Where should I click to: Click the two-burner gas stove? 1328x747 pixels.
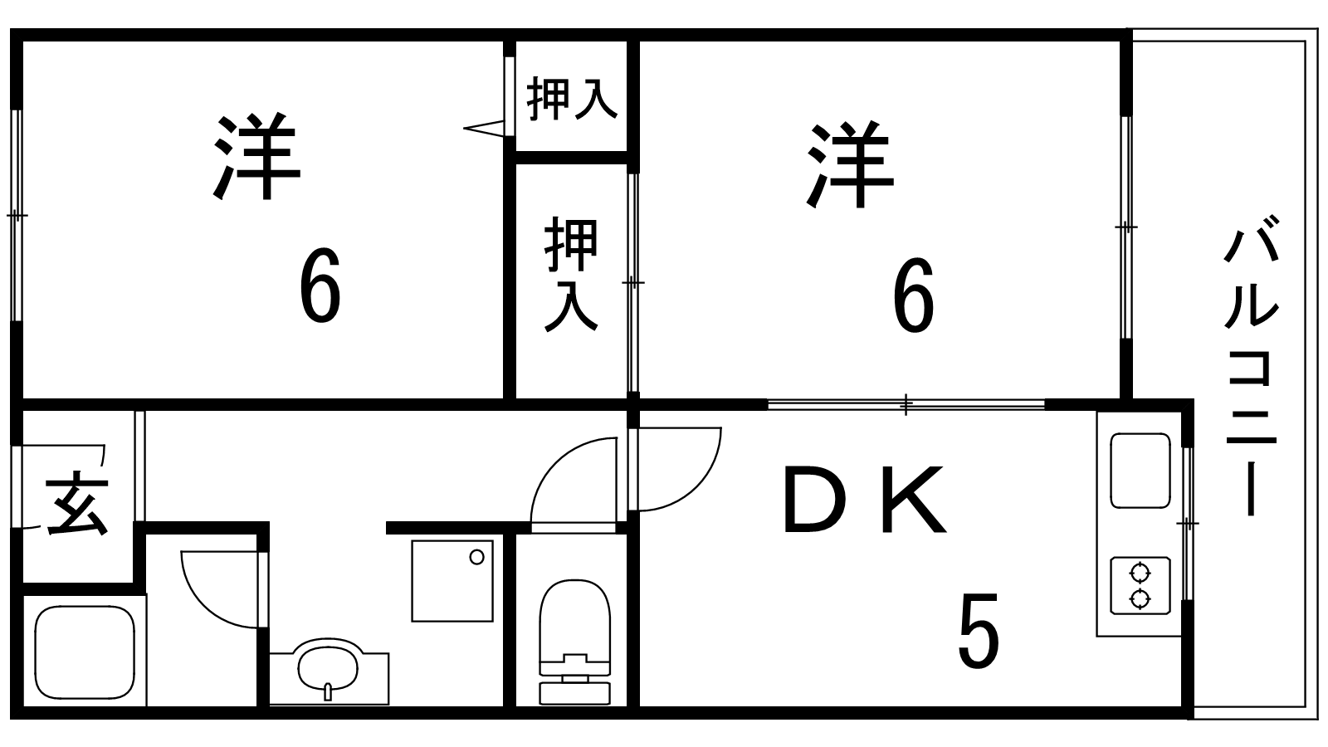pos(1140,585)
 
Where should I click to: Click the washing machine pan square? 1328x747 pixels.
pos(452,580)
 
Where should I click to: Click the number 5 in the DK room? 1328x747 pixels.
pos(979,631)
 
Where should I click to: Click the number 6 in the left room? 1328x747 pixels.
pos(320,287)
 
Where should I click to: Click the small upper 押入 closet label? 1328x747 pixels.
pos(572,98)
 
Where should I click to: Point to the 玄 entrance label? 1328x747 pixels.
pos(77,503)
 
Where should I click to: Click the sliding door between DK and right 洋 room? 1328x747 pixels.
pos(906,405)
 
